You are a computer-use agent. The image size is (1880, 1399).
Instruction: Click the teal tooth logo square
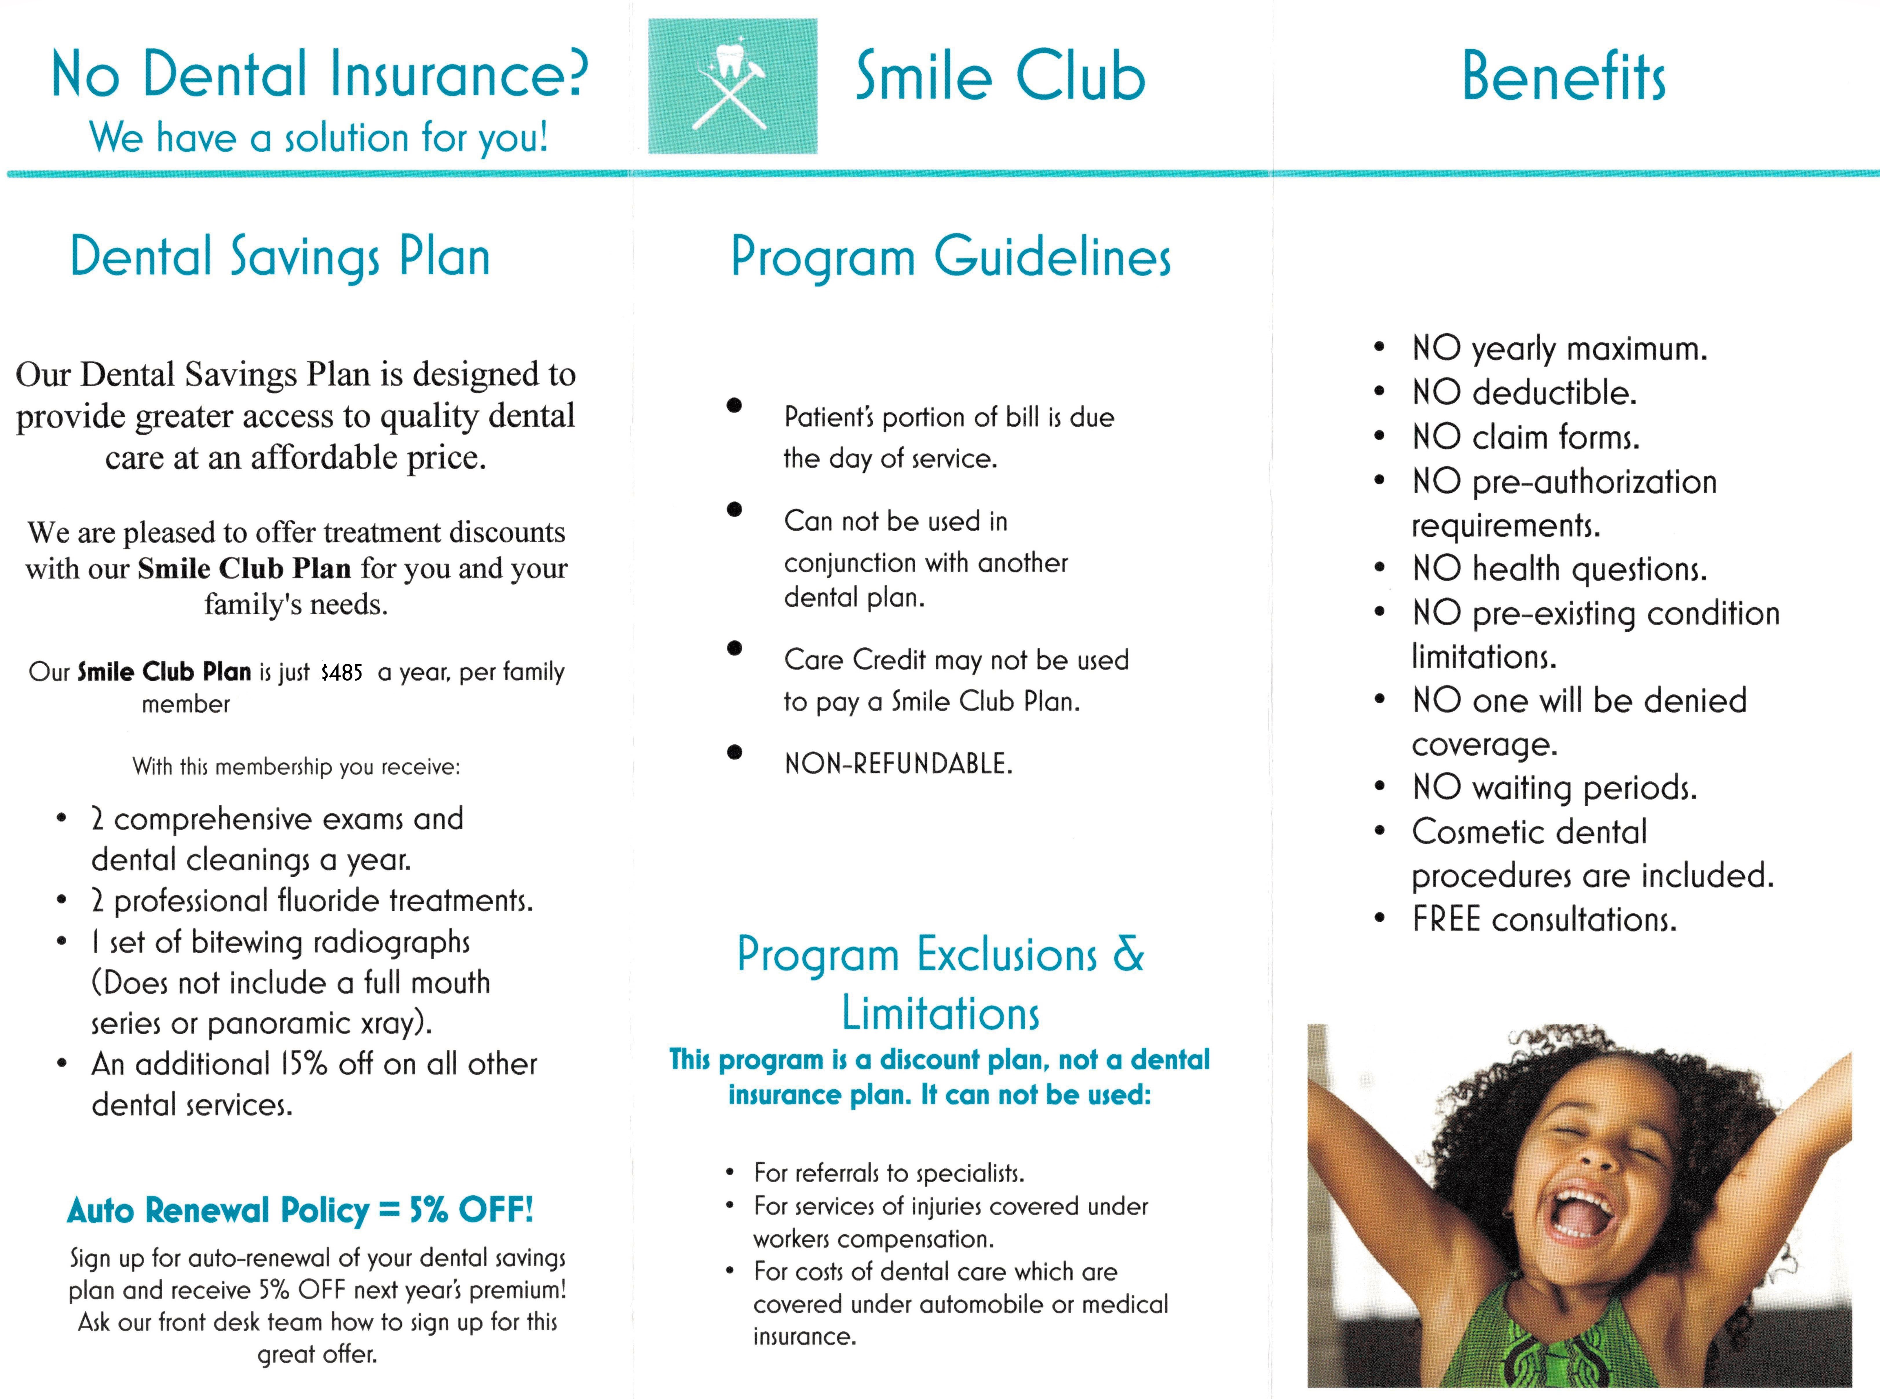[x=732, y=85]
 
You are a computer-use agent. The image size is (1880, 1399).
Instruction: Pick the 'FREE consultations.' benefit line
[x=1544, y=919]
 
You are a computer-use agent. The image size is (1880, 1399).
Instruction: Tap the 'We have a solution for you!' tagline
[x=319, y=137]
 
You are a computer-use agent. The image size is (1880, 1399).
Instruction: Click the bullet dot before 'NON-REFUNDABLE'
[x=734, y=752]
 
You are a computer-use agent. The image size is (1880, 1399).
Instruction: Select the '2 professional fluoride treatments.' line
[x=312, y=900]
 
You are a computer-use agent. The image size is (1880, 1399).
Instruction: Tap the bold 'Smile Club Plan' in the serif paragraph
[x=244, y=568]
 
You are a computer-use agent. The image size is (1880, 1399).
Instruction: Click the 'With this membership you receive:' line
[x=296, y=767]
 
